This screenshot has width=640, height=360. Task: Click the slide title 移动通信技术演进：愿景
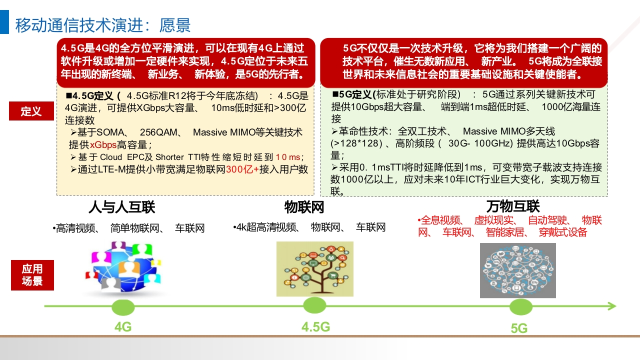103,25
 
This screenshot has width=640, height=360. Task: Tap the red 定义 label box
31,111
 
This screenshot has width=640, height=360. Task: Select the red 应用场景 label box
32,275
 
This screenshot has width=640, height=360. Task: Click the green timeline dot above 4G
123,307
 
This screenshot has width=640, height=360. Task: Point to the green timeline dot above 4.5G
314,305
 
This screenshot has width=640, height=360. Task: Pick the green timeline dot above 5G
521,307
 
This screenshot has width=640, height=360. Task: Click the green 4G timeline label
123,327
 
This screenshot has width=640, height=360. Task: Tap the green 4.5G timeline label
315,327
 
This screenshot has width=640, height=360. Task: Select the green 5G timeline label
519,328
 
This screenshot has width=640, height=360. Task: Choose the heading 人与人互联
122,207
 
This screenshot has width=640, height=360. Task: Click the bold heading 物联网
304,207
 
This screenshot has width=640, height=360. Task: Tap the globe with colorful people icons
123,267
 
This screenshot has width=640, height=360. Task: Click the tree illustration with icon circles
315,269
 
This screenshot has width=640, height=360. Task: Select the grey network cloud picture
517,270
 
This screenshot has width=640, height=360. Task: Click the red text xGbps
103,145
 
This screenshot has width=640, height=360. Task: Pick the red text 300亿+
242,169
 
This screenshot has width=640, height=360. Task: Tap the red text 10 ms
287,157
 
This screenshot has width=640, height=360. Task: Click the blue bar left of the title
4,22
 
